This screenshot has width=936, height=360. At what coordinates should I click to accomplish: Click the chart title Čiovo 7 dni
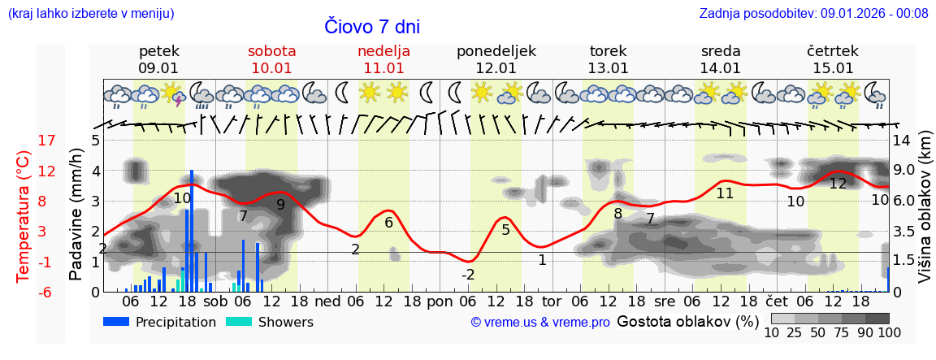[372, 26]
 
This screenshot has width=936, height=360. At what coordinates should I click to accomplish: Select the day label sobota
[271, 51]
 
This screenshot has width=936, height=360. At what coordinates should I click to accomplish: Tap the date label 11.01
[383, 68]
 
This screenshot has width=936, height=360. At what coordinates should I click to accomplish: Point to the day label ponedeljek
[496, 51]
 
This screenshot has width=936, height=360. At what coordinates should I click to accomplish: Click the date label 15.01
[833, 68]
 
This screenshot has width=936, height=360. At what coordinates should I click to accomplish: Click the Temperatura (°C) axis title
[24, 216]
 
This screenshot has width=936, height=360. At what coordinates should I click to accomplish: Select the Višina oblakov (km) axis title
[925, 216]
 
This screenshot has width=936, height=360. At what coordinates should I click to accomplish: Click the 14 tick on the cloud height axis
[902, 141]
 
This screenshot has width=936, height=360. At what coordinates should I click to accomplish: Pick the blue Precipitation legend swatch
[116, 322]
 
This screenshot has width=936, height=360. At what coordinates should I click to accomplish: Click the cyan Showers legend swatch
[239, 322]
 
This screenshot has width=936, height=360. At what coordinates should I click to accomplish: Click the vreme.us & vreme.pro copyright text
[540, 323]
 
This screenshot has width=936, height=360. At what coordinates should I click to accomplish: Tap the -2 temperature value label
[468, 275]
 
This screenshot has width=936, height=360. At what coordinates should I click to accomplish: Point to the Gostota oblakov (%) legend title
[687, 321]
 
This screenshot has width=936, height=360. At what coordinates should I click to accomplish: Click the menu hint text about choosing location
[91, 13]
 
